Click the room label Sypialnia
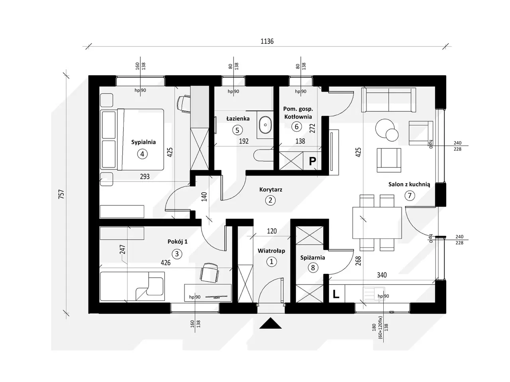[143, 142]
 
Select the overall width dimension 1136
[267, 41]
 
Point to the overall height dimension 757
[61, 194]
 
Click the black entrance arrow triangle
[271, 324]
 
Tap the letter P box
[313, 161]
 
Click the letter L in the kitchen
[336, 294]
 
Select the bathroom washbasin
[264, 125]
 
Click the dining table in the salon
[377, 222]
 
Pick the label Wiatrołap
[271, 251]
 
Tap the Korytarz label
[271, 189]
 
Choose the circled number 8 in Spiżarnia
[313, 268]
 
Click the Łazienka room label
[238, 119]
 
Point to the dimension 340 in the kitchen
[381, 275]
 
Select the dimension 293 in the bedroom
[145, 176]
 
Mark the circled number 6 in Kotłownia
[296, 127]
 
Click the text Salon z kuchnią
[409, 184]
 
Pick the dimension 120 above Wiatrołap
[272, 231]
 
